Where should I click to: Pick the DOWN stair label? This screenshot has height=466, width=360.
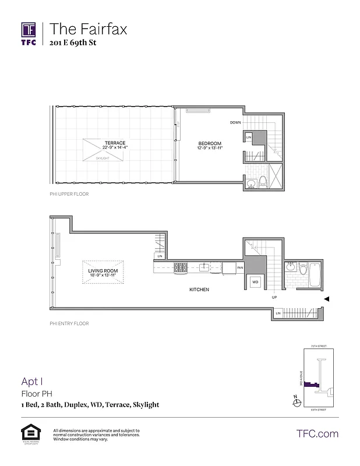tap(235, 122)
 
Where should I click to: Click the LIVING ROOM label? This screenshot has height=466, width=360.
tap(103, 271)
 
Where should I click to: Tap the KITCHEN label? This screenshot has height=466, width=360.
tap(199, 290)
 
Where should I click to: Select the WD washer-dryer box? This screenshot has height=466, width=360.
tap(255, 282)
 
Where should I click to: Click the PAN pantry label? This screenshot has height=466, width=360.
tap(239, 268)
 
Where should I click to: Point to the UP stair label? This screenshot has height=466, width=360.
tap(274, 298)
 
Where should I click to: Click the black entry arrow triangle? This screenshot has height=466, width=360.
tap(327, 299)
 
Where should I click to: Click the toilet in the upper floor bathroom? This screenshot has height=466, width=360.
tap(263, 181)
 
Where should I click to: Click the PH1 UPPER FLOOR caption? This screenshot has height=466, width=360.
tap(69, 193)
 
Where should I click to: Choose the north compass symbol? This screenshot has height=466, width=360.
tap(295, 401)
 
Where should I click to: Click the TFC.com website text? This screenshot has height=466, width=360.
tap(317, 434)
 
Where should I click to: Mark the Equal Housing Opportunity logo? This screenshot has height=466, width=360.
tap(29, 433)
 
